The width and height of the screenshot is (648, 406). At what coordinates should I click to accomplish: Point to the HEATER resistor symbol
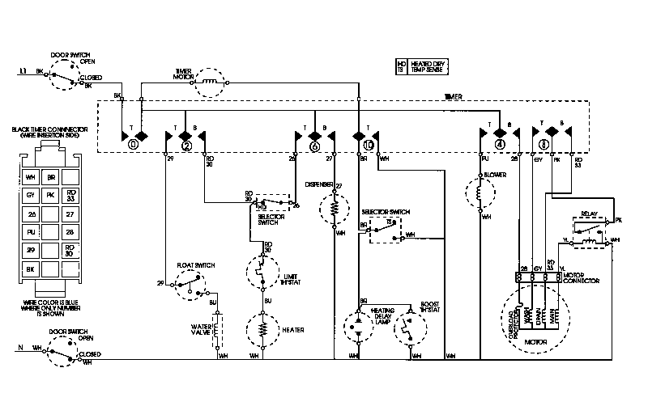(x=262, y=330)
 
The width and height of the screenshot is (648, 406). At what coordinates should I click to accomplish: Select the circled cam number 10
(x=369, y=146)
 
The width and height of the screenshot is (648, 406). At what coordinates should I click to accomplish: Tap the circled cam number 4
(x=500, y=146)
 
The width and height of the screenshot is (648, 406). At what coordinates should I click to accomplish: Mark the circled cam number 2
(x=186, y=146)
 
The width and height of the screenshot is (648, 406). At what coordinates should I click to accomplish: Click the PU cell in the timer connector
(x=30, y=232)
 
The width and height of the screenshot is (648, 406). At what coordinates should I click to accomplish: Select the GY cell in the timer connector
(x=30, y=195)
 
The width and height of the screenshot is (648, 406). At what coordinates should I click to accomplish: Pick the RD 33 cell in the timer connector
(x=70, y=195)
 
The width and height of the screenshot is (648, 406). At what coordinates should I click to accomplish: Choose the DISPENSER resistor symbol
(x=333, y=210)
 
